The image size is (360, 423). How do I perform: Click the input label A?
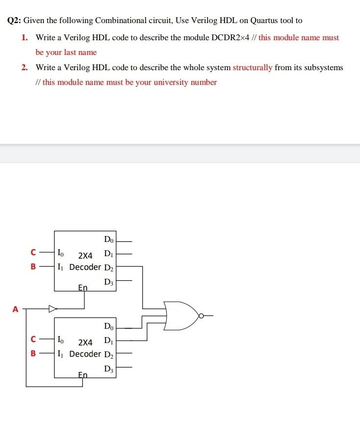(15, 309)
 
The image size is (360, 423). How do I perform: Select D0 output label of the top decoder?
(109, 240)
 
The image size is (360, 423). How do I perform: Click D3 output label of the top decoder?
(109, 282)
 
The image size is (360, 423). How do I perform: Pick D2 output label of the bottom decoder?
(109, 354)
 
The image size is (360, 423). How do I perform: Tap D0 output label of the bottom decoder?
(109, 326)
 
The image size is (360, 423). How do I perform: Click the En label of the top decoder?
(83, 288)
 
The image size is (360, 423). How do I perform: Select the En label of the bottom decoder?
(83, 374)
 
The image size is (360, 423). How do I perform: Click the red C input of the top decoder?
(33, 253)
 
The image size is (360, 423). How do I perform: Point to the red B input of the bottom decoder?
(33, 353)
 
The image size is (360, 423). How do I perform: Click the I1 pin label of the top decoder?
(60, 267)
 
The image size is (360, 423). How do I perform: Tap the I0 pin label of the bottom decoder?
(60, 339)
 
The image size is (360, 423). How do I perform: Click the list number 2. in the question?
(25, 67)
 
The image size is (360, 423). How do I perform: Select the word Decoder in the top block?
(85, 267)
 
